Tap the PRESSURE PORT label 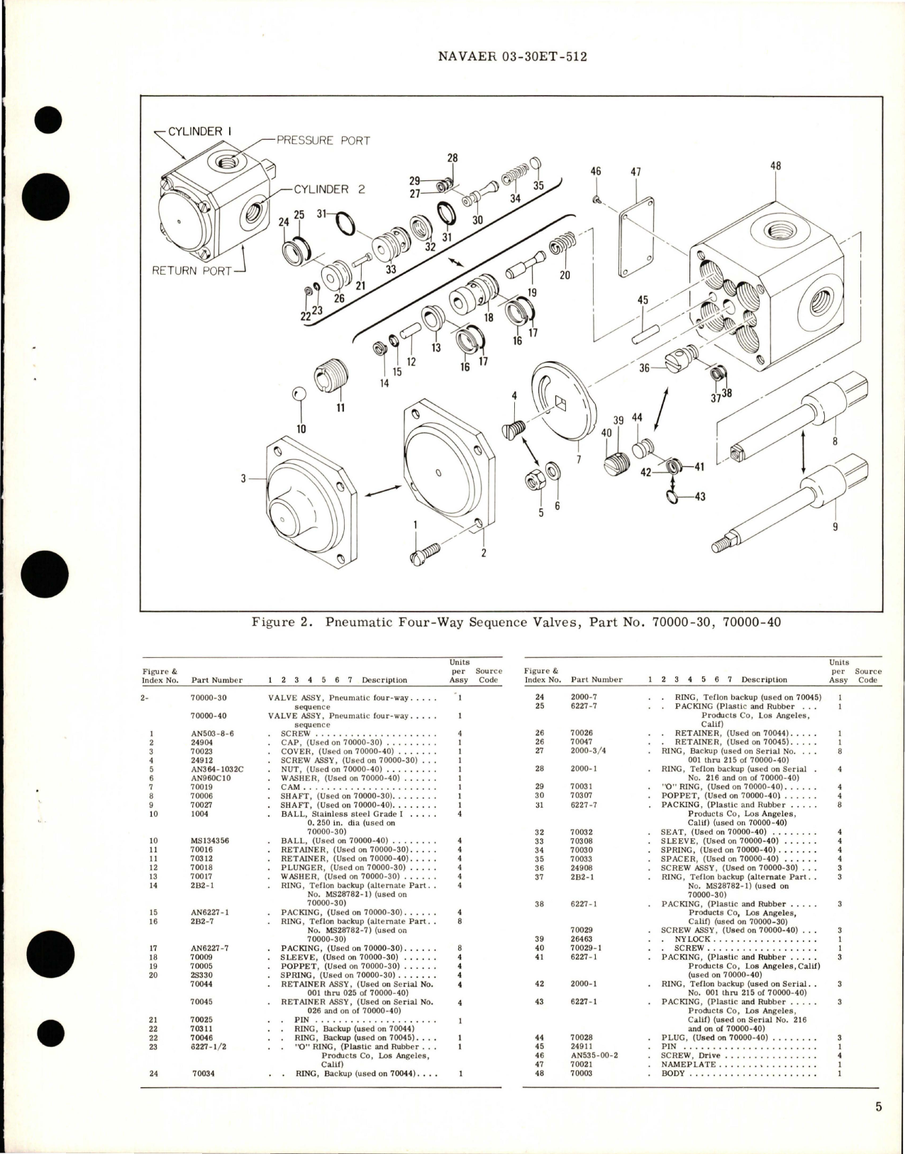click(x=323, y=141)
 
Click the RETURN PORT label click(x=191, y=270)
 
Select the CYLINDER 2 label click(x=321, y=189)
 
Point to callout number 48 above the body click(x=775, y=166)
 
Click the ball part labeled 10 click(x=301, y=395)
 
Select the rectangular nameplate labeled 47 click(x=636, y=241)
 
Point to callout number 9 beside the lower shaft click(x=835, y=527)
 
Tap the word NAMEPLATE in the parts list click(x=689, y=1064)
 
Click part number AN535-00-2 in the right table click(x=594, y=1055)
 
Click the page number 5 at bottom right click(x=878, y=1106)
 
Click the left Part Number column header click(x=216, y=680)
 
